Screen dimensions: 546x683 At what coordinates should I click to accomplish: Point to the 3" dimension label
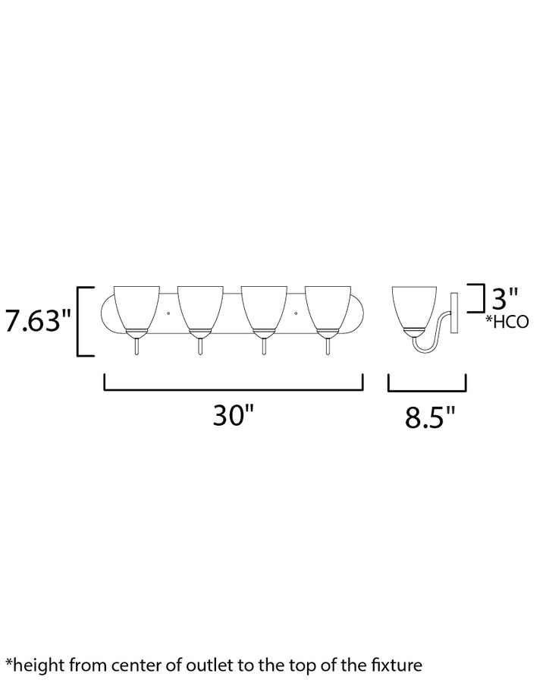505,298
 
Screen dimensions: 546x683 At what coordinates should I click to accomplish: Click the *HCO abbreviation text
507,322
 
